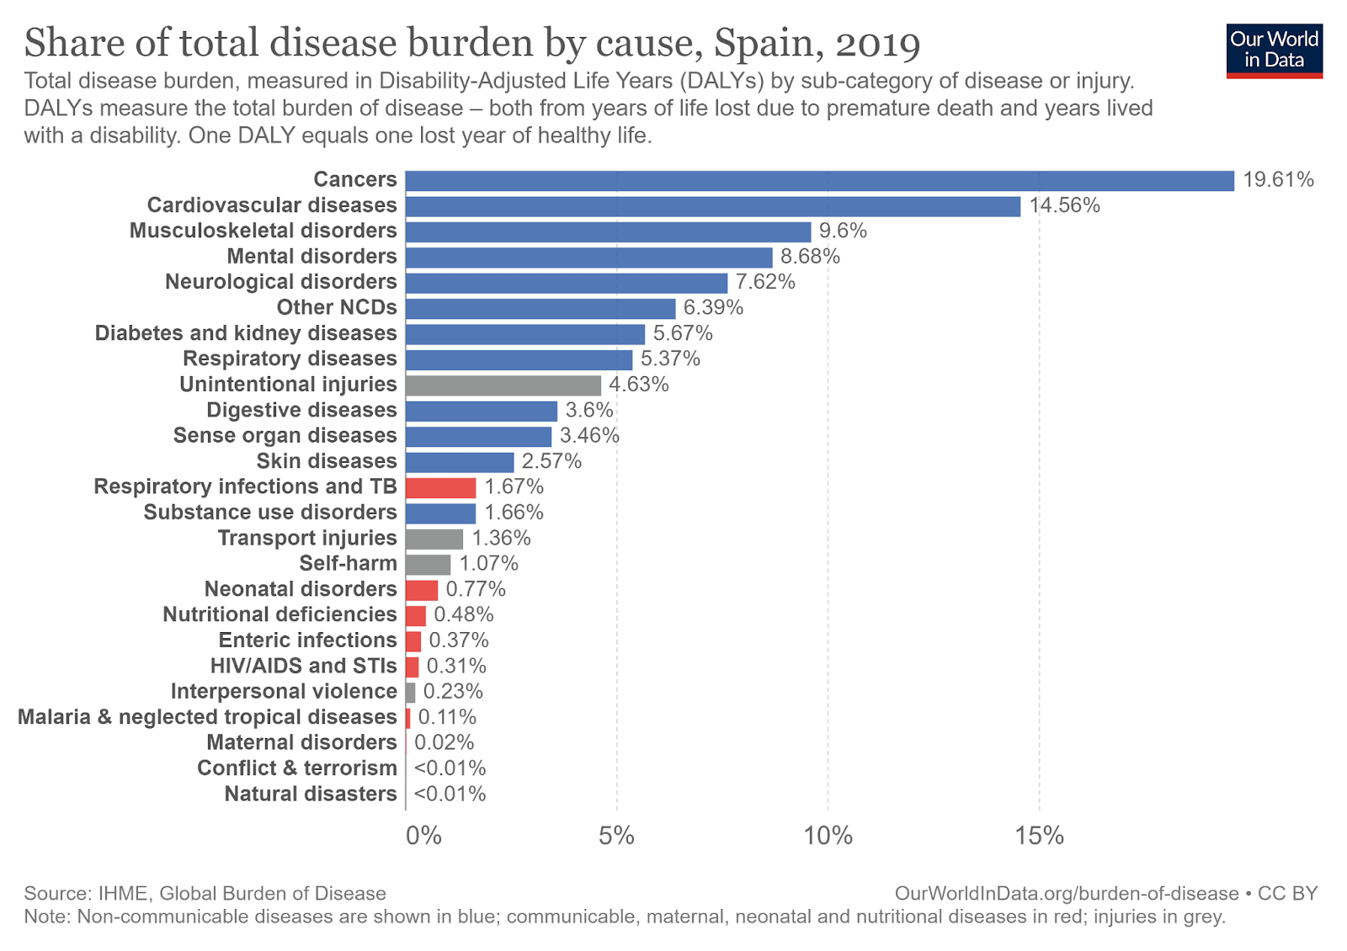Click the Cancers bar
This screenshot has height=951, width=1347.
click(819, 181)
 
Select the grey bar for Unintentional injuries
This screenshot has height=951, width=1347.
click(503, 385)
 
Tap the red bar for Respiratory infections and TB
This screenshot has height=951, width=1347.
click(440, 488)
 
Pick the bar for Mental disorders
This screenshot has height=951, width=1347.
click(588, 258)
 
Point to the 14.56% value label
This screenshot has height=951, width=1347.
click(1064, 205)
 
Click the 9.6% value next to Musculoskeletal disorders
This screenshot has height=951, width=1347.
click(843, 231)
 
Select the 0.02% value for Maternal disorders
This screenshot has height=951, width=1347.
click(444, 743)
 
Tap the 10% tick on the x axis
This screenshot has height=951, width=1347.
click(828, 836)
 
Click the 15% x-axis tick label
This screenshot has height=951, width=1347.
click(1039, 836)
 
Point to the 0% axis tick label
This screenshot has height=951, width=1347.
click(423, 836)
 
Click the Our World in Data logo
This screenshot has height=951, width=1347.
click(1274, 50)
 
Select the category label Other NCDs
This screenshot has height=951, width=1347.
click(337, 308)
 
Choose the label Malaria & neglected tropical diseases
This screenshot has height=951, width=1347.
click(207, 717)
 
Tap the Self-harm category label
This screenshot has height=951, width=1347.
click(348, 564)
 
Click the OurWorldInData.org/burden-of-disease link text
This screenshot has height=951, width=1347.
click(1067, 894)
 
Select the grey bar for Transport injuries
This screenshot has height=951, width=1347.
click(434, 539)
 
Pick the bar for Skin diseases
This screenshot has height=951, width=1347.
click(460, 462)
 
